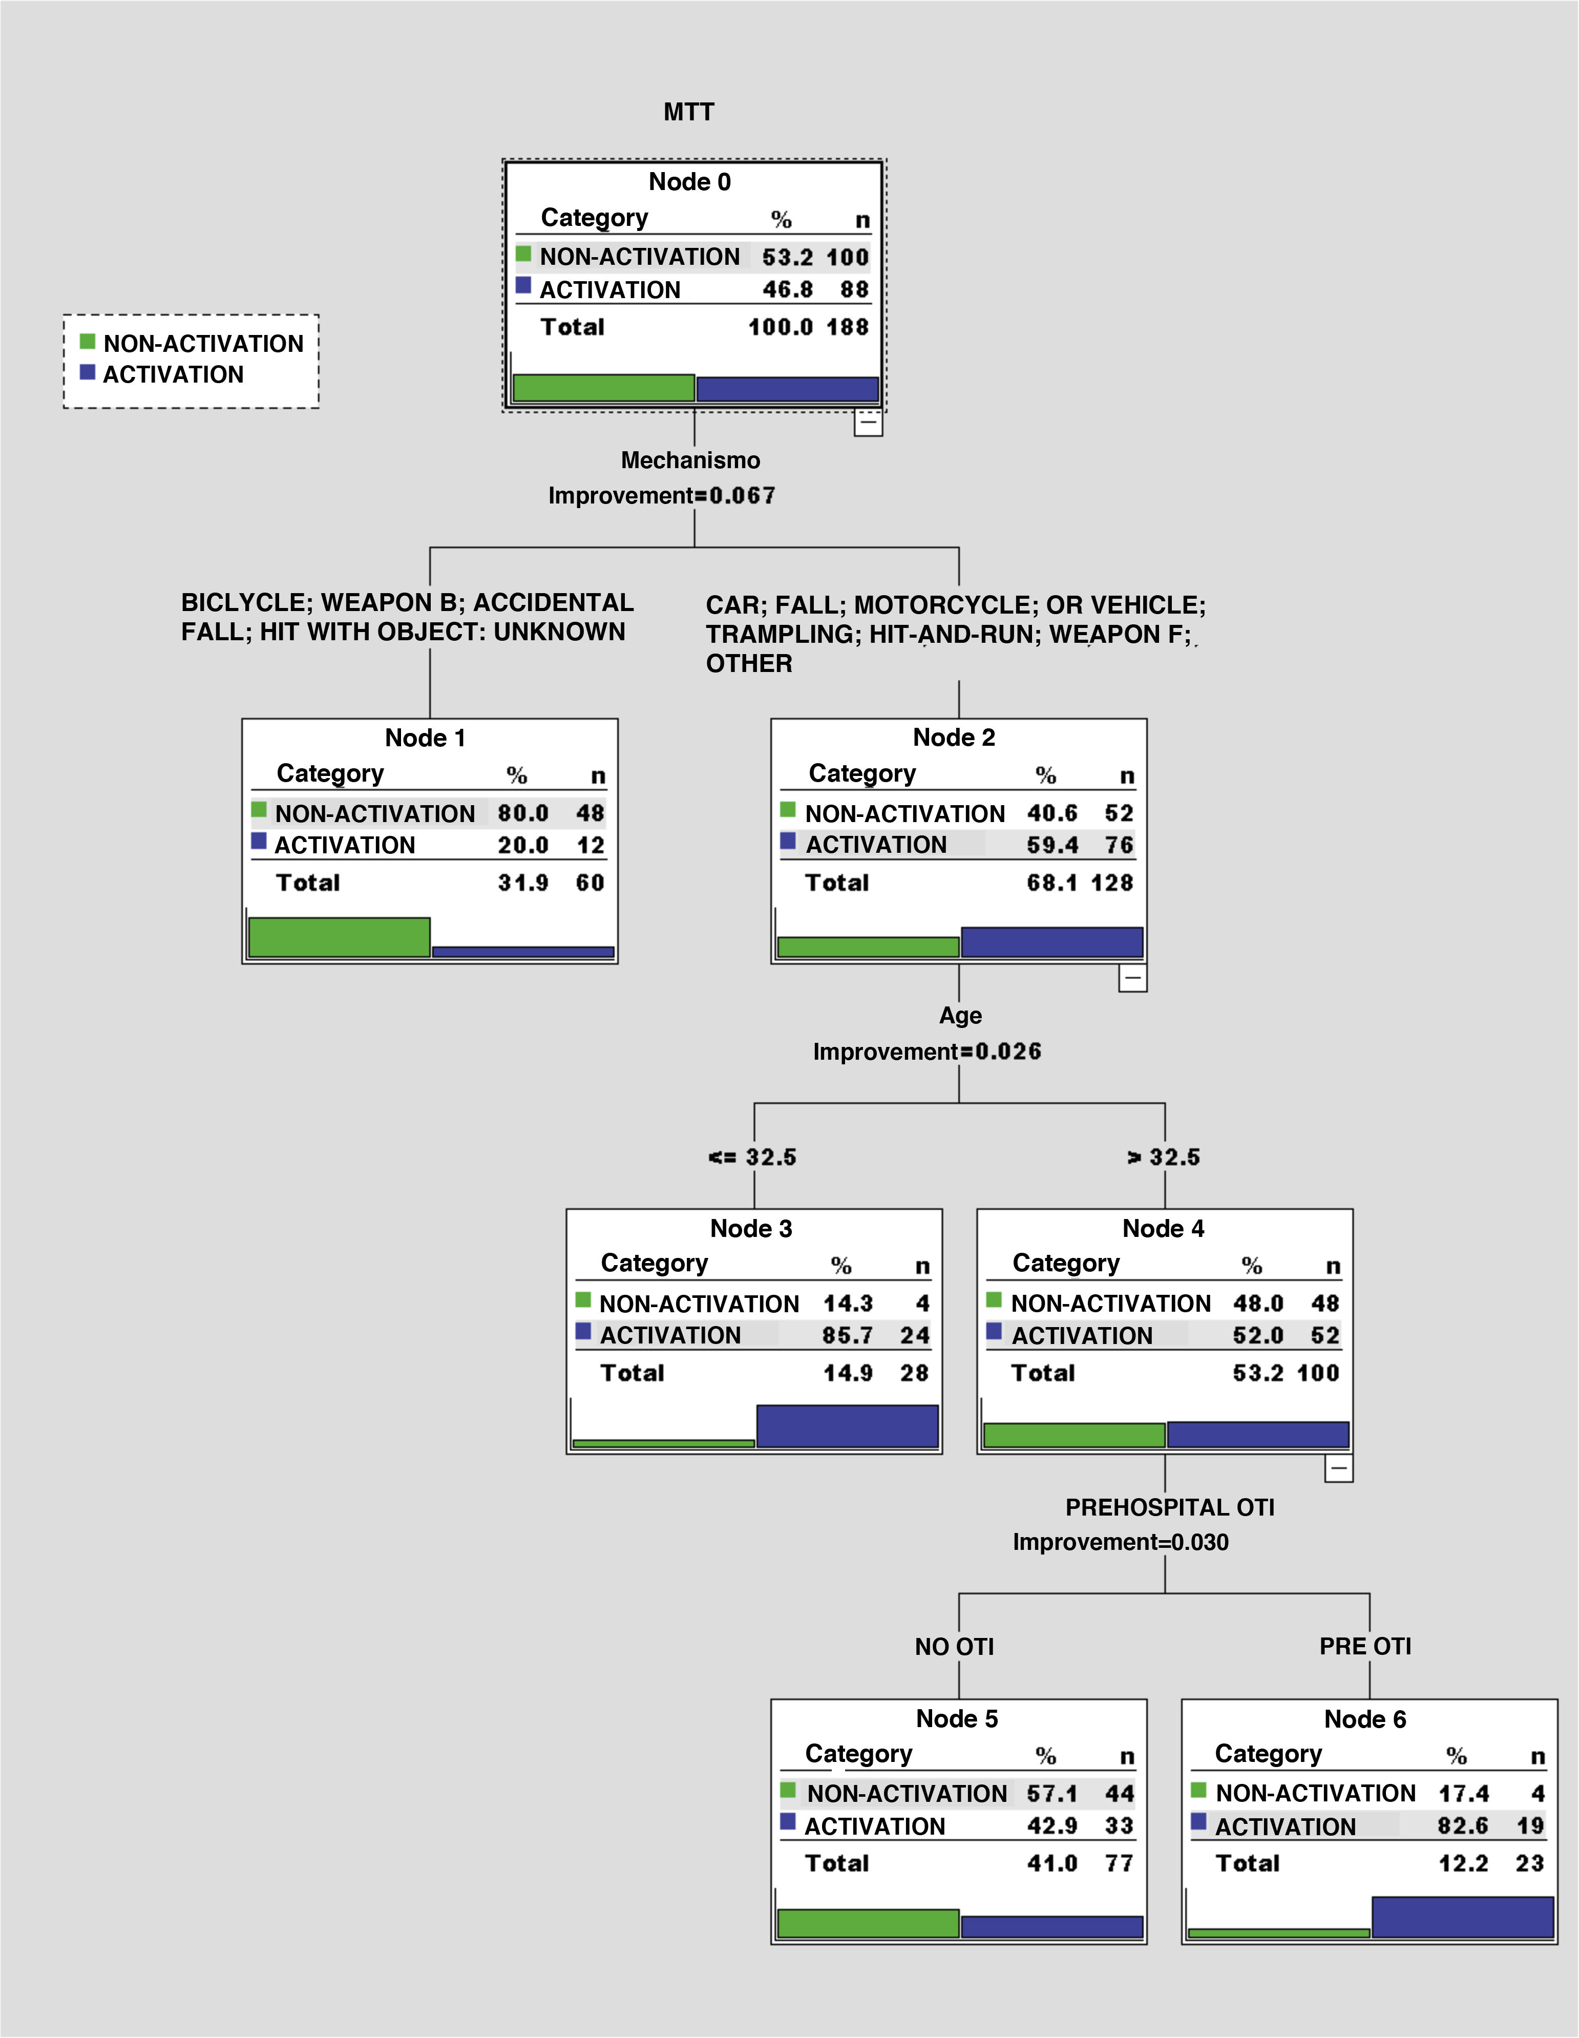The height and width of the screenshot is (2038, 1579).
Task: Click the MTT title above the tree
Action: tap(689, 112)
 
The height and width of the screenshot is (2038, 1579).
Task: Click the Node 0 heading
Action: tap(690, 182)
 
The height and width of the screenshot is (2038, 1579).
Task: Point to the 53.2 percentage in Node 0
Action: tap(787, 257)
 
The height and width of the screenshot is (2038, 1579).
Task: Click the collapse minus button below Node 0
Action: tap(868, 423)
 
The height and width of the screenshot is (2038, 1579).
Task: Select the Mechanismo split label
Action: tap(690, 460)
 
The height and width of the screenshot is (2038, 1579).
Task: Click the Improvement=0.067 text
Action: tap(662, 495)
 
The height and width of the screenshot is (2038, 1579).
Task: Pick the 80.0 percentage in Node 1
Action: tap(522, 813)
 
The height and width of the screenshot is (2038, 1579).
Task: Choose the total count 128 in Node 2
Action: tap(1112, 883)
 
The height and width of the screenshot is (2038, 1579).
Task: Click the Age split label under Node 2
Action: tap(960, 1015)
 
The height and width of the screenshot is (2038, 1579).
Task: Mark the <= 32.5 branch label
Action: tap(752, 1157)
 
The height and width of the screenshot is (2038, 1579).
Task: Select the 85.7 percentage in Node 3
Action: tap(847, 1335)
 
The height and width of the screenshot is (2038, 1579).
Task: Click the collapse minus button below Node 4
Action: tap(1338, 1469)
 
